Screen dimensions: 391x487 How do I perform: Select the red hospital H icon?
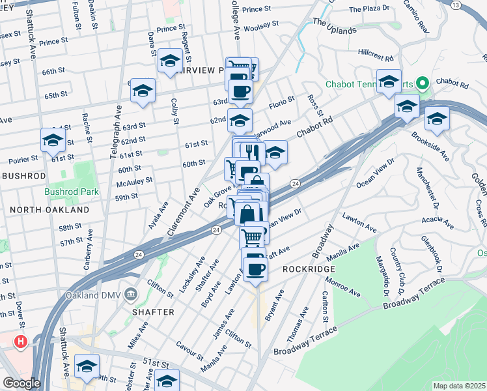click(x=21, y=341)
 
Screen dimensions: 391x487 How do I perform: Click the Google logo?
click(x=21, y=383)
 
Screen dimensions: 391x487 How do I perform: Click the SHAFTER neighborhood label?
click(x=154, y=312)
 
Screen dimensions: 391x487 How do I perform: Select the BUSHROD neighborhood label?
click(x=23, y=176)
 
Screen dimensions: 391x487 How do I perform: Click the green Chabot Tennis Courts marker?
click(x=422, y=84)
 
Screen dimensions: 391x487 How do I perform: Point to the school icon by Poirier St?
click(x=53, y=139)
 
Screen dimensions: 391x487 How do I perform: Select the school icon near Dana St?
click(x=170, y=61)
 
